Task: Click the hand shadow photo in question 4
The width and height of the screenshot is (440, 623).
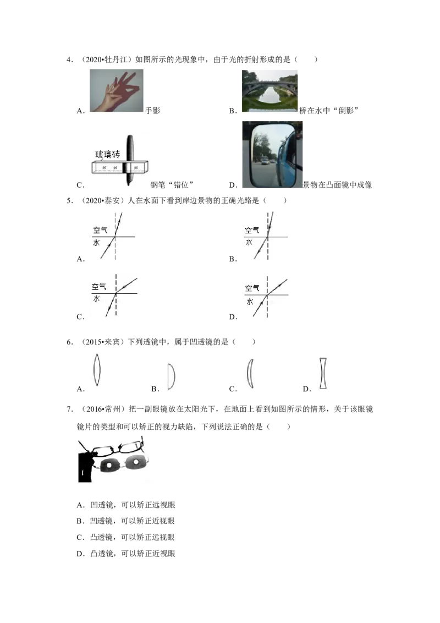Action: pyautogui.click(x=117, y=91)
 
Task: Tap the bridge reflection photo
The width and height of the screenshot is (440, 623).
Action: pyautogui.click(x=269, y=91)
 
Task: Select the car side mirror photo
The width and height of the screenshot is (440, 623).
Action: pyautogui.click(x=272, y=154)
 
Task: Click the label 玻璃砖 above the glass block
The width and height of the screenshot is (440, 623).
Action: pyautogui.click(x=108, y=154)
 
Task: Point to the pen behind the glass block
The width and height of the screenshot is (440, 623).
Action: pyautogui.click(x=130, y=161)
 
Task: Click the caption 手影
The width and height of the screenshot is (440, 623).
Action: pyautogui.click(x=153, y=111)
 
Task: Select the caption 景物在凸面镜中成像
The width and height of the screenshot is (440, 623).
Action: pyautogui.click(x=338, y=185)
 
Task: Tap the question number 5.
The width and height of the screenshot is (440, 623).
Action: pyautogui.click(x=70, y=201)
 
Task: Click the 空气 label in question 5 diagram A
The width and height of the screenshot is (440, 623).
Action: pyautogui.click(x=101, y=230)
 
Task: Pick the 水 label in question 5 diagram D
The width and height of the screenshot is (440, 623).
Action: pyautogui.click(x=250, y=302)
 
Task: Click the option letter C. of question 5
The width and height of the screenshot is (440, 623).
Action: pyautogui.click(x=81, y=317)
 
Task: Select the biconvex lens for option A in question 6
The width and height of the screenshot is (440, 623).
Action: pyautogui.click(x=97, y=370)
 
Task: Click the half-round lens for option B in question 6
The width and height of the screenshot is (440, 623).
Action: pyautogui.click(x=171, y=376)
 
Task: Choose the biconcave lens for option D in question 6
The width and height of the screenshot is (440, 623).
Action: pyautogui.click(x=323, y=374)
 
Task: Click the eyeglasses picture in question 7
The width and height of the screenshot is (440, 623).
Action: pyautogui.click(x=114, y=460)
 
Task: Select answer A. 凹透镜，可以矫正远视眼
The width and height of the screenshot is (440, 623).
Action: pyautogui.click(x=126, y=505)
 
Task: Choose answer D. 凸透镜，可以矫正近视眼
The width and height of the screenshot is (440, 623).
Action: pyautogui.click(x=126, y=554)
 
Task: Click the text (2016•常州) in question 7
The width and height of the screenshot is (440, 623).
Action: pyautogui.click(x=104, y=409)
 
